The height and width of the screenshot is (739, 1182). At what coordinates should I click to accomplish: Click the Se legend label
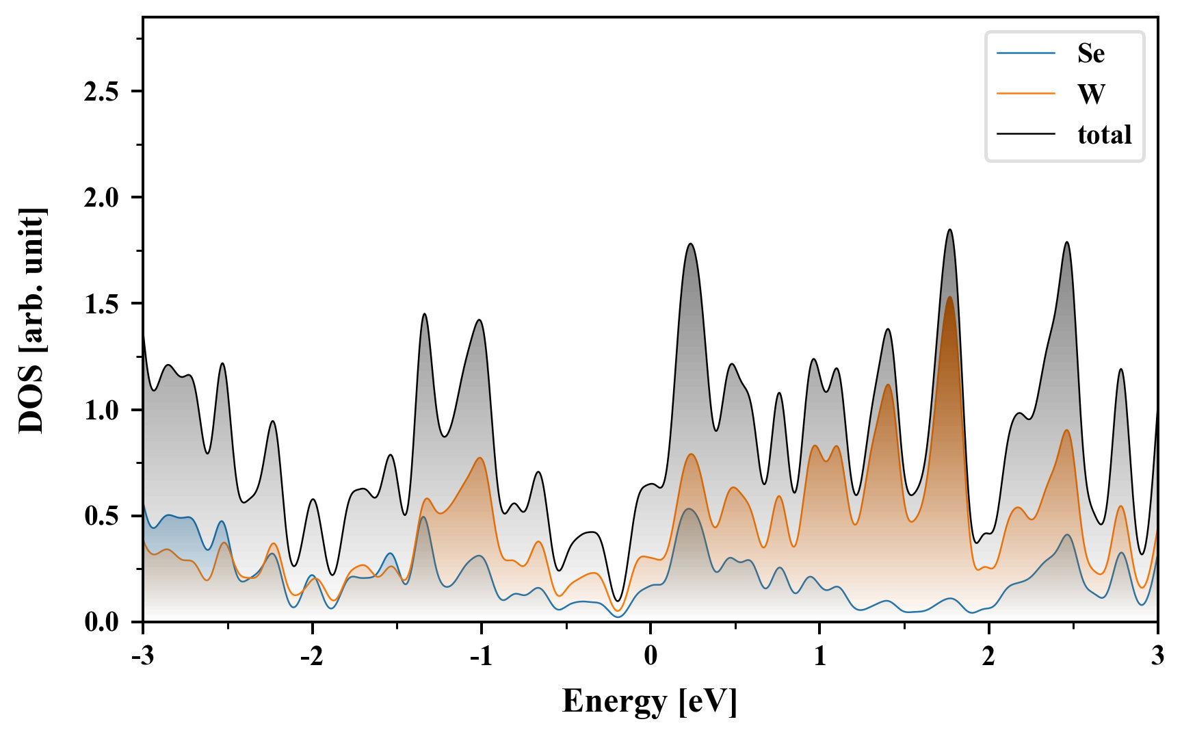click(x=1090, y=53)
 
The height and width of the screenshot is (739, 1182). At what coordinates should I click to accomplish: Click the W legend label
click(x=1091, y=94)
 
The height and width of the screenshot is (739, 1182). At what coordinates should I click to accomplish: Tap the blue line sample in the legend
click(x=1026, y=53)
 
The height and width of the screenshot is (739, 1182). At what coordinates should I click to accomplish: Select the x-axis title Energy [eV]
click(x=650, y=701)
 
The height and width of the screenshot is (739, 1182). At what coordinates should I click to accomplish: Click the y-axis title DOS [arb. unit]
click(x=31, y=320)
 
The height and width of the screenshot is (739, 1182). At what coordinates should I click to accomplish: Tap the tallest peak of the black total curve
click(x=949, y=230)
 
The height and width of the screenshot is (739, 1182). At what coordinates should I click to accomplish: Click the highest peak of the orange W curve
click(x=949, y=297)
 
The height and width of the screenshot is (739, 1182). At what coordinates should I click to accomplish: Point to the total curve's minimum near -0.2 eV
click(x=617, y=601)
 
